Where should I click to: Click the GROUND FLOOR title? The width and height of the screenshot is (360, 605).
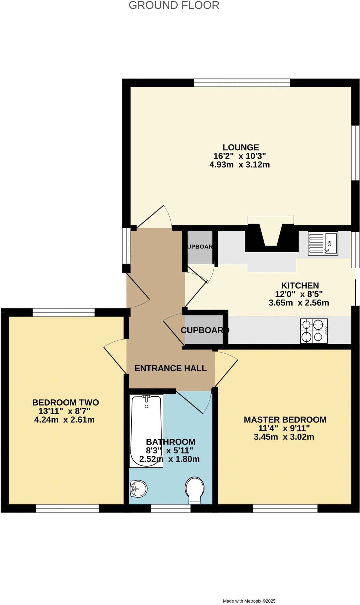point(174,5)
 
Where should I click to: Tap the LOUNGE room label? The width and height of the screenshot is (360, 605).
point(241,147)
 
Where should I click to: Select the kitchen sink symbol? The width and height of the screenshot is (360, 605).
point(323,243)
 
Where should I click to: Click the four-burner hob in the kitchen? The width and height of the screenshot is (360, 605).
point(314,331)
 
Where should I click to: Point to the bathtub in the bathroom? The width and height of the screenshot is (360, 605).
point(146,431)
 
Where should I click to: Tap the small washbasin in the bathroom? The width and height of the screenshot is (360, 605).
point(138,489)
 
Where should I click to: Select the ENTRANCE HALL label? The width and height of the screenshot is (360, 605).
point(170,368)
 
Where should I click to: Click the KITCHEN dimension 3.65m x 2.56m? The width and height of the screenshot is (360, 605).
point(299,303)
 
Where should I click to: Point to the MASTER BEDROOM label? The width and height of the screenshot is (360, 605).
point(285,420)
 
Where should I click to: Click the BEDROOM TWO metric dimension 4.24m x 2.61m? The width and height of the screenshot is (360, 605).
point(64,420)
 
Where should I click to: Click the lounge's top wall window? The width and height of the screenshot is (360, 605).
point(242,82)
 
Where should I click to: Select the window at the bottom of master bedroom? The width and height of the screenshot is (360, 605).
point(285,508)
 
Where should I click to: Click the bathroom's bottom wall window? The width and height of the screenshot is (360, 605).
point(171,508)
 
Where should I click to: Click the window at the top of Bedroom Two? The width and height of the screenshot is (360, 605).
point(64,312)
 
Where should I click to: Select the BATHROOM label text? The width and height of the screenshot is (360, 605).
point(171,442)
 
